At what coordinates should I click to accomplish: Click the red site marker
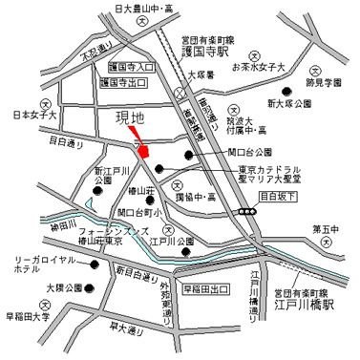point(143,151)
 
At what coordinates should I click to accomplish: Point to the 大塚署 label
point(199,74)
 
